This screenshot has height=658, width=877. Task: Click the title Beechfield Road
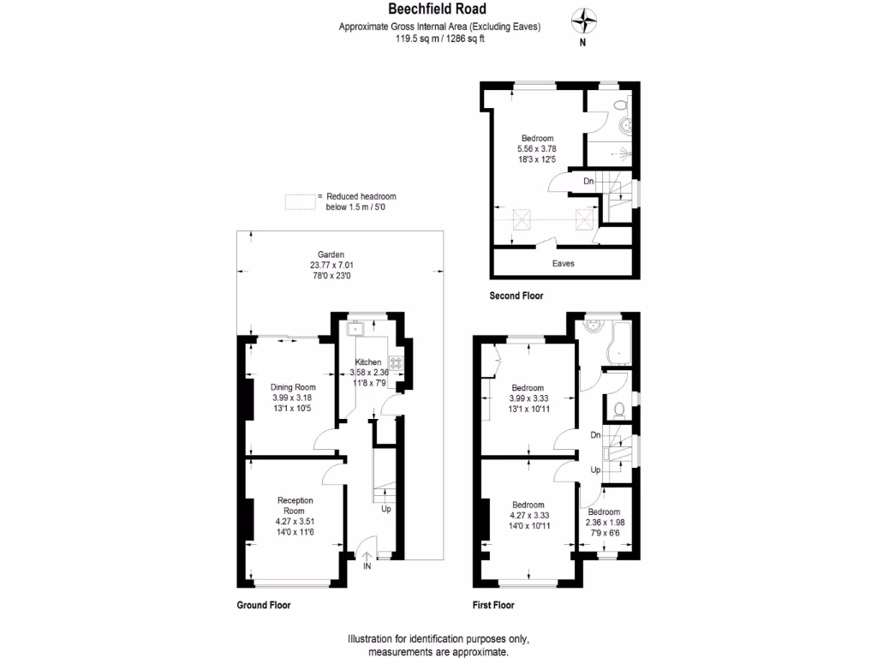(438, 9)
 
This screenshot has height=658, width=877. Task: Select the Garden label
(331, 254)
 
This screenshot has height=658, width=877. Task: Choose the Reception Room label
(295, 505)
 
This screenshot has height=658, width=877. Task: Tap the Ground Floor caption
(263, 605)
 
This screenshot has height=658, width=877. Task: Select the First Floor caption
(493, 605)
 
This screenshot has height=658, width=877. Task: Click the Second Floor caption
(516, 296)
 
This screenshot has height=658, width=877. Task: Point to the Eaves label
(563, 263)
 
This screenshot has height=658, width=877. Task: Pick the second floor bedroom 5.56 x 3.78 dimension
(537, 148)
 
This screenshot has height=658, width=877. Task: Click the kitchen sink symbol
(355, 328)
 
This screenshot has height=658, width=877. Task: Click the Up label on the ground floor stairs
(386, 509)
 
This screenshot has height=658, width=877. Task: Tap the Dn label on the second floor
(588, 181)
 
